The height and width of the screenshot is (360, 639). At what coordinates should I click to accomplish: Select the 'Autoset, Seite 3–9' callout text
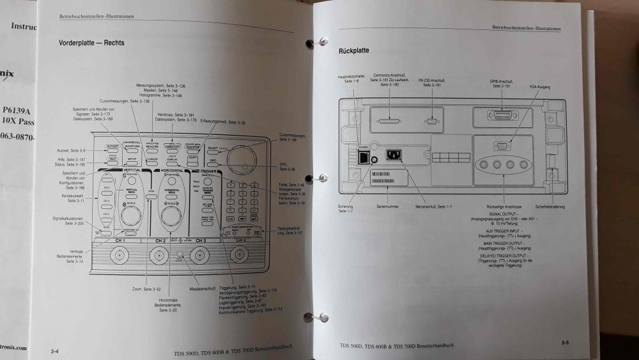71,150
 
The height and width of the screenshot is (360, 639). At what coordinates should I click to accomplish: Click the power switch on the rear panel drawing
364,157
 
